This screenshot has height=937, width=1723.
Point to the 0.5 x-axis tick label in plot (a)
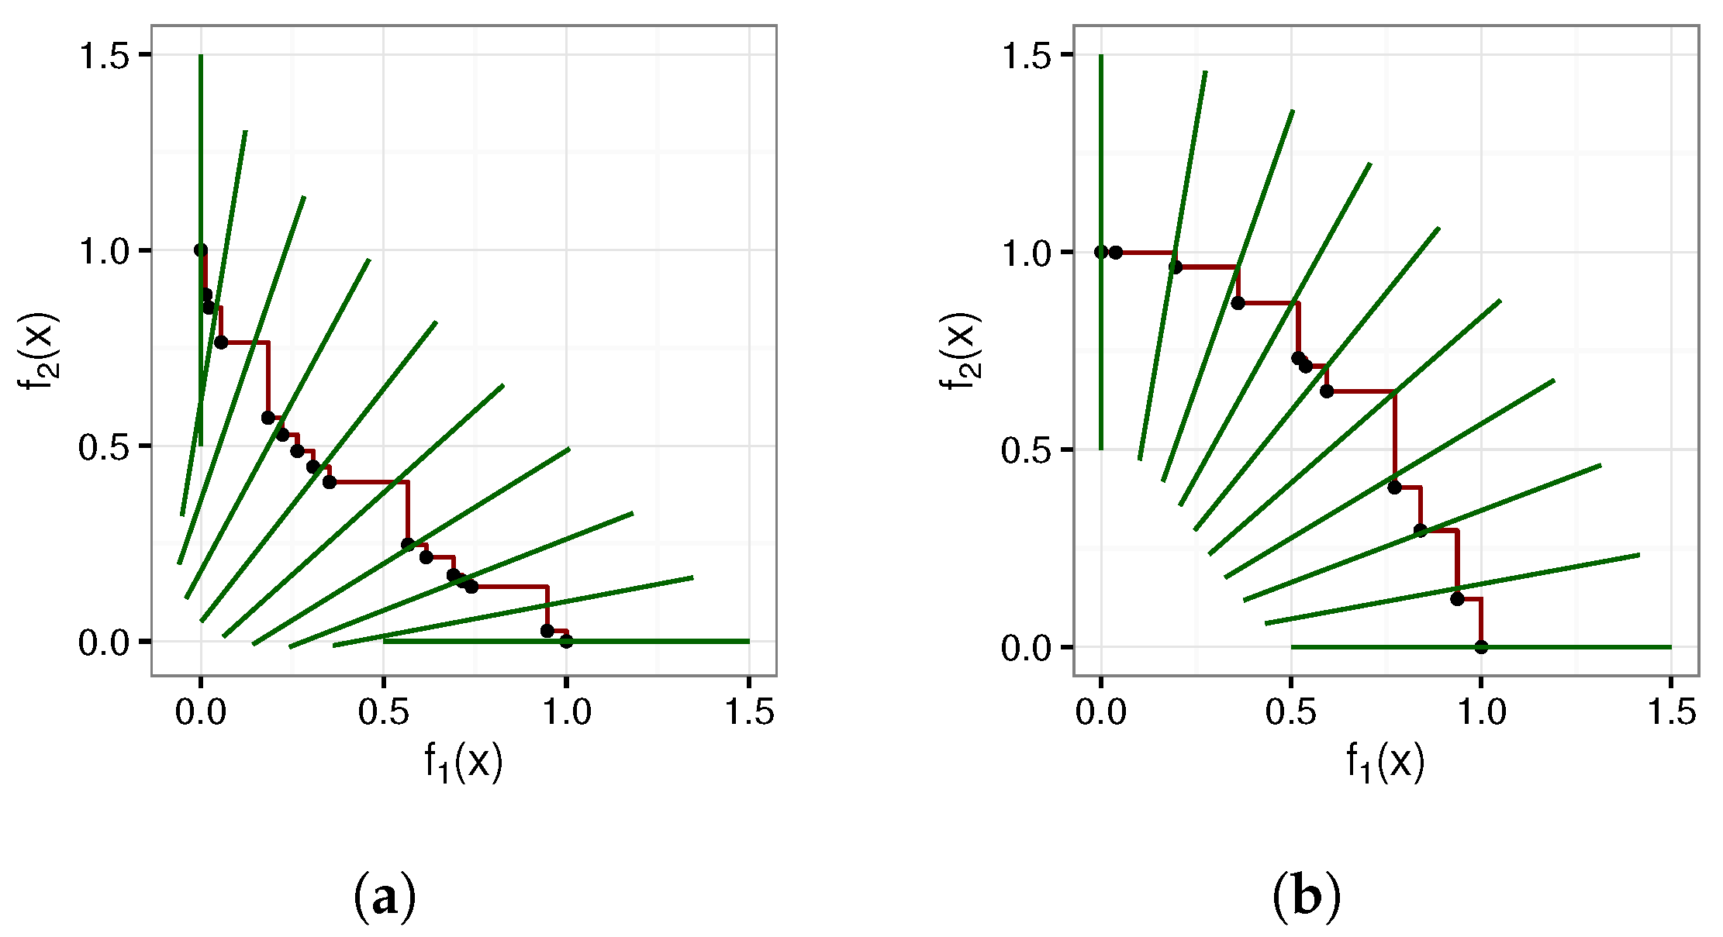(x=383, y=712)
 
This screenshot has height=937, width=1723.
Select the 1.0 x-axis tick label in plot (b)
(x=1481, y=712)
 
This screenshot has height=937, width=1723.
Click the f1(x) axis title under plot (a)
(x=464, y=761)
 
